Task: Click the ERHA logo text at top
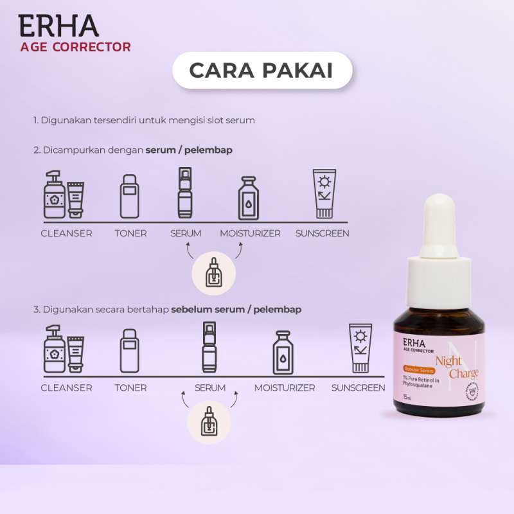(x=58, y=25)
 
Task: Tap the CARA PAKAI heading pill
(x=262, y=71)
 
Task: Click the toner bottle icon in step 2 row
(x=130, y=196)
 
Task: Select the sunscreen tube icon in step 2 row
(x=323, y=194)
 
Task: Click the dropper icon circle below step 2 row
(x=215, y=272)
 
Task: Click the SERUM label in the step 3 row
(x=210, y=388)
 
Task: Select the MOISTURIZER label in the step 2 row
(x=250, y=233)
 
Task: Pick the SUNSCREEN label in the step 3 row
(x=358, y=388)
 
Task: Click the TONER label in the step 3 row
(x=130, y=388)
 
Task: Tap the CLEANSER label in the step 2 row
(x=66, y=233)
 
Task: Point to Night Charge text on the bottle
(x=457, y=366)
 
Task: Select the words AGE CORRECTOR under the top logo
(x=76, y=47)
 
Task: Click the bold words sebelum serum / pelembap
(x=236, y=310)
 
